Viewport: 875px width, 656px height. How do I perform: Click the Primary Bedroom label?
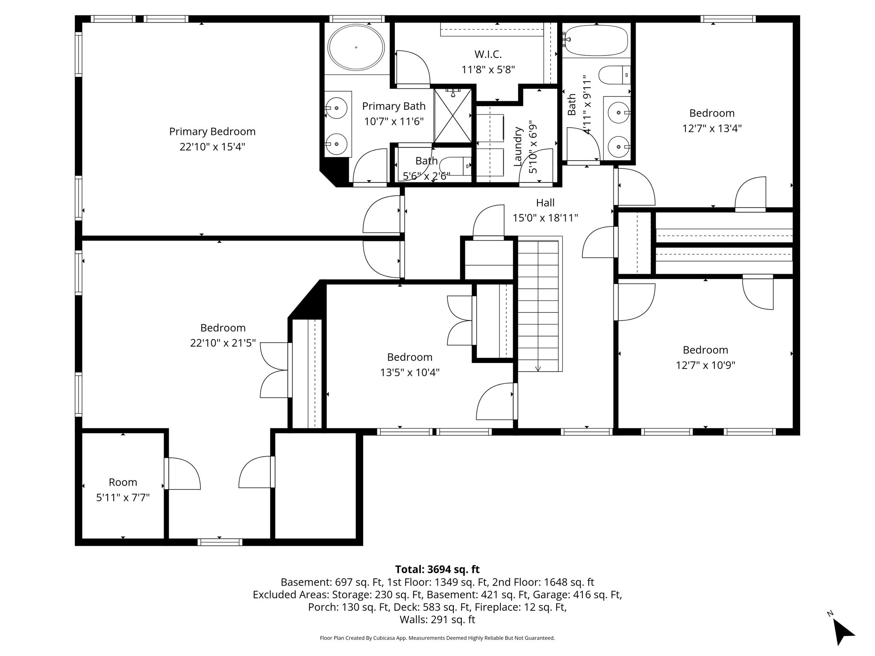212,132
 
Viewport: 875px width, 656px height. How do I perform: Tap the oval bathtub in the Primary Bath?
356,47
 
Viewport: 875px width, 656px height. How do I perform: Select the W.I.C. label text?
488,55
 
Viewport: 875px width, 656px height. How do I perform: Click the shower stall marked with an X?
453,115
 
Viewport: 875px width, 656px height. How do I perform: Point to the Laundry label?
518,146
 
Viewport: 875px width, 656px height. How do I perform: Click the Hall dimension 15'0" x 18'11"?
545,218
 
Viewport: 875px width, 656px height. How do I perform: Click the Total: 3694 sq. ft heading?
437,569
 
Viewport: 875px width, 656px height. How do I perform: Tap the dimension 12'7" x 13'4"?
712,129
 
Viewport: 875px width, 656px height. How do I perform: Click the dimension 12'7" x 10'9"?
705,366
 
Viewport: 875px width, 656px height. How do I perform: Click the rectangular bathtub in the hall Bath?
596,41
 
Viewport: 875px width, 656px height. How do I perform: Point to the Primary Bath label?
393,106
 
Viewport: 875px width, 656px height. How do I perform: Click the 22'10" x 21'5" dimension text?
223,343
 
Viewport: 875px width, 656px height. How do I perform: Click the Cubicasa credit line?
437,638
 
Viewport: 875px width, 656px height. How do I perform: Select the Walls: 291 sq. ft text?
437,620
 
